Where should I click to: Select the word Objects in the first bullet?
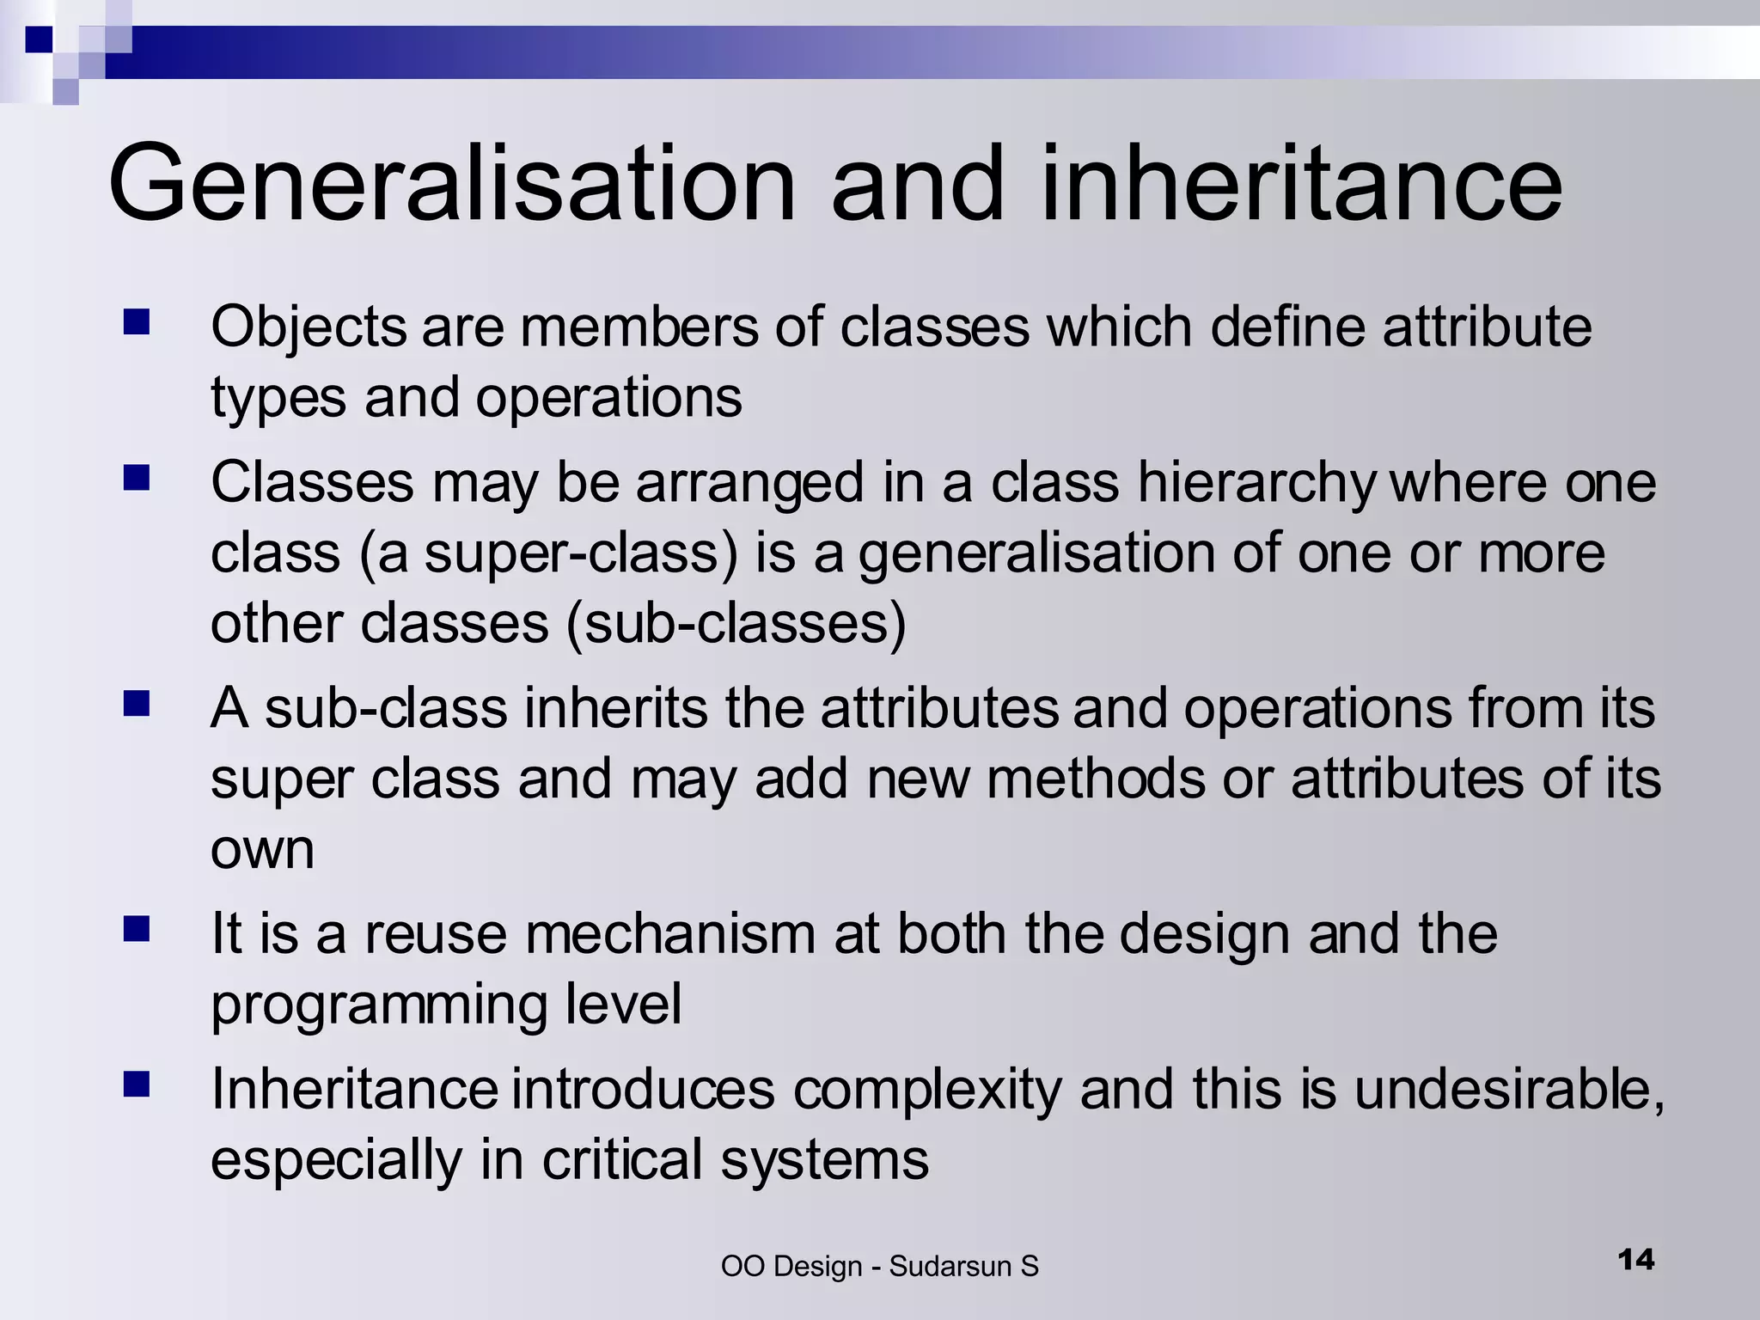309,327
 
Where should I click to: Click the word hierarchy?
1257,482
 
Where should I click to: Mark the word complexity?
927,1090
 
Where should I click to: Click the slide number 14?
1635,1260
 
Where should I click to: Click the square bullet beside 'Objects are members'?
137,323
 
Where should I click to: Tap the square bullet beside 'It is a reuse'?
137,929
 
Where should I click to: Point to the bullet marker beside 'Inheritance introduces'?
137,1085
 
